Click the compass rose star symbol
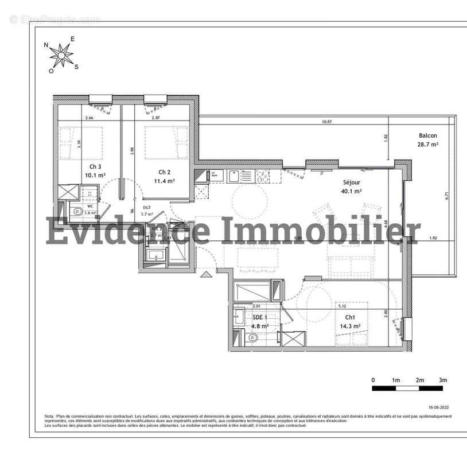61,55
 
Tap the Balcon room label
427,136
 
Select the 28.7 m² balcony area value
427,145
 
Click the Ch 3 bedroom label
87,166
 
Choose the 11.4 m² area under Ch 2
164,181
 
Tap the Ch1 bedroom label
349,317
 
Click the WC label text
90,206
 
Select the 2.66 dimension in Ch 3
89,118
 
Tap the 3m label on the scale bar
443,380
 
